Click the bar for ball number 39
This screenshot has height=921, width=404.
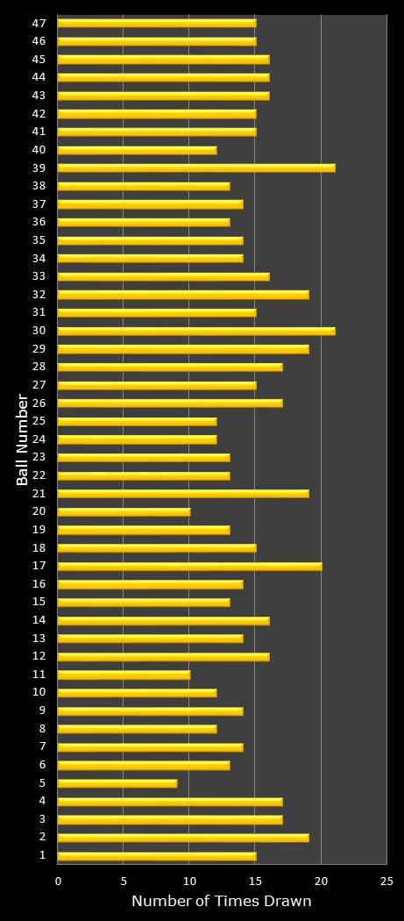click(196, 168)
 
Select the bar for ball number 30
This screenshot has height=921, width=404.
click(196, 331)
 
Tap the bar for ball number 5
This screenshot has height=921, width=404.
click(117, 782)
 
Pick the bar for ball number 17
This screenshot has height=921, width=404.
click(189, 566)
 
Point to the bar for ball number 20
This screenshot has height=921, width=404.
click(124, 511)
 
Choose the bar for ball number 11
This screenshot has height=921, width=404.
click(124, 675)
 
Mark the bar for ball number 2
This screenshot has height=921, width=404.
click(183, 837)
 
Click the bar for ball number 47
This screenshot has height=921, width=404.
click(157, 23)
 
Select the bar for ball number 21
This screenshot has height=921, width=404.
click(183, 493)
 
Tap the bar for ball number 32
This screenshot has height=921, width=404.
click(183, 295)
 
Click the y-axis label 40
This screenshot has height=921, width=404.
click(39, 150)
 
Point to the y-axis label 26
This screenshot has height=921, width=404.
click(39, 403)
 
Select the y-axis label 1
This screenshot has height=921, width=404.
click(43, 855)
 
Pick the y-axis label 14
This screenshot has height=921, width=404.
click(39, 620)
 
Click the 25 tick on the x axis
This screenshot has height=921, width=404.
click(386, 881)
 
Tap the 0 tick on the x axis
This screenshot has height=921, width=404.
click(59, 881)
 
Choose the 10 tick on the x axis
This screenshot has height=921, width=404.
click(189, 881)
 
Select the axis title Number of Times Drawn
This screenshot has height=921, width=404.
click(222, 902)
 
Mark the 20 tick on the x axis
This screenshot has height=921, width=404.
click(321, 881)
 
